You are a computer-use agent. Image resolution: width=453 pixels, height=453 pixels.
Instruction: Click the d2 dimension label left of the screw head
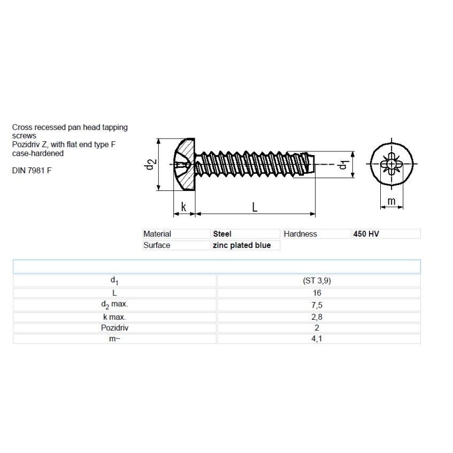(x=150, y=164)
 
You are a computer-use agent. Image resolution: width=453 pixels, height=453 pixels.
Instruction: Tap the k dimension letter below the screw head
(x=183, y=207)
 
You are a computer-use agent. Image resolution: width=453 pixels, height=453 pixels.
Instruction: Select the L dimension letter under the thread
(x=255, y=207)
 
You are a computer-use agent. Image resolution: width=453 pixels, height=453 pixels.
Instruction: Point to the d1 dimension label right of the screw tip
(x=343, y=165)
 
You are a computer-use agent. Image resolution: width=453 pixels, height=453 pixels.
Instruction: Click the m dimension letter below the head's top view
(x=391, y=201)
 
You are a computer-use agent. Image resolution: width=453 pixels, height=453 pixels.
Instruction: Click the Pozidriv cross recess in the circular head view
(x=391, y=164)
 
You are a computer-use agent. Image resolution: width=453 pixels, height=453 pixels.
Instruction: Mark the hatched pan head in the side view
(x=185, y=164)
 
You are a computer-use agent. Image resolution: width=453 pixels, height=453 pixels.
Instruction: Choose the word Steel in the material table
(x=222, y=234)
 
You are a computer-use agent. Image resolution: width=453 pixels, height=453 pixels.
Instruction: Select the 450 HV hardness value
(x=366, y=234)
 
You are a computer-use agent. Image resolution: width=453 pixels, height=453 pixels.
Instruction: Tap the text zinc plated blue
(x=242, y=245)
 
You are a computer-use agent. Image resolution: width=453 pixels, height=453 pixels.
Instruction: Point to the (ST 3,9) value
(x=317, y=281)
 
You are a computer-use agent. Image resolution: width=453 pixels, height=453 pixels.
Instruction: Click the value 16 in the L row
(x=317, y=293)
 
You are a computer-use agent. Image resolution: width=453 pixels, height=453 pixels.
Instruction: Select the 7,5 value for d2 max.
(x=317, y=305)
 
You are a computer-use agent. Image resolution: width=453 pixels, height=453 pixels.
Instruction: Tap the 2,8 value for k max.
(x=317, y=317)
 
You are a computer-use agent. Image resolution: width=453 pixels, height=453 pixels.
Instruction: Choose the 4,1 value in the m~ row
(x=317, y=339)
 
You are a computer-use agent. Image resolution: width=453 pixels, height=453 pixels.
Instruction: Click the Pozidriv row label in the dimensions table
(x=114, y=328)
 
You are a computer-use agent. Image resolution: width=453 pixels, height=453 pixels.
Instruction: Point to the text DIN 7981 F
(x=32, y=171)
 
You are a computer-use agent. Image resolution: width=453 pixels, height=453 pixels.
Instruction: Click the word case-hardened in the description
(x=38, y=153)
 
